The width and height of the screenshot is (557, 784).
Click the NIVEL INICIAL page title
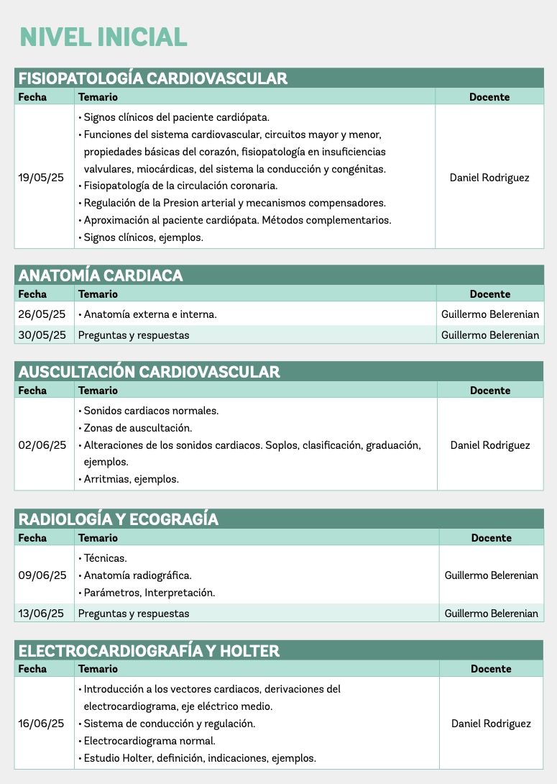[103, 37]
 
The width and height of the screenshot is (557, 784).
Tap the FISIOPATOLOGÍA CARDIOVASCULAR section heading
[152, 78]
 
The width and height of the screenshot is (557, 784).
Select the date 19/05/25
[41, 177]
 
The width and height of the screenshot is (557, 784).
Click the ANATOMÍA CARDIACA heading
[101, 275]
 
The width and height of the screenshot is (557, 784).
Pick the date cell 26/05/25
[42, 314]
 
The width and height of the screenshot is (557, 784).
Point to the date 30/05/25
[42, 335]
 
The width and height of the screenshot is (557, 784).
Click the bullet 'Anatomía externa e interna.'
[150, 314]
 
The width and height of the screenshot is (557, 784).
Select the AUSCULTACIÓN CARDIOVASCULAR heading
[149, 372]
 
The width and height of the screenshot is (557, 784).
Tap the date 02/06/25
[42, 445]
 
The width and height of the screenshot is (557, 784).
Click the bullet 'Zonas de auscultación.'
[138, 428]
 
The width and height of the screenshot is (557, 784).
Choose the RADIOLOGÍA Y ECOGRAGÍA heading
[118, 519]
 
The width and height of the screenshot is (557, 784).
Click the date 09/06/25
[42, 575]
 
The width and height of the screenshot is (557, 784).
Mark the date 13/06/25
[42, 614]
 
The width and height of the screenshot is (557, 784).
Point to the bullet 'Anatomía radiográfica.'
[137, 575]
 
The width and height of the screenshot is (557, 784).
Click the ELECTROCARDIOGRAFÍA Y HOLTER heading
[148, 652]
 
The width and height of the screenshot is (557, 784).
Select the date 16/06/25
[42, 724]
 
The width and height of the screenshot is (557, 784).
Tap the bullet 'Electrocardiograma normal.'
[149, 741]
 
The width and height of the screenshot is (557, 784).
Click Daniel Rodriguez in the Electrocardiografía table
[491, 724]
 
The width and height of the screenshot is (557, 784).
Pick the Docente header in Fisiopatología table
[489, 97]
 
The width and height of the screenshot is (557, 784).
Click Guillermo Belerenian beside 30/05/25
[489, 335]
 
